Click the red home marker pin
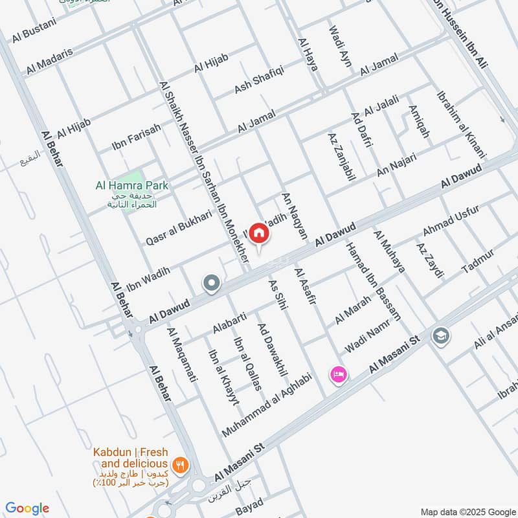pos(259,234)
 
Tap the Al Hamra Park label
pos(131,186)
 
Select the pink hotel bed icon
pos(339,374)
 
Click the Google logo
pos(27,508)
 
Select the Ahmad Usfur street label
pos(451,220)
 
